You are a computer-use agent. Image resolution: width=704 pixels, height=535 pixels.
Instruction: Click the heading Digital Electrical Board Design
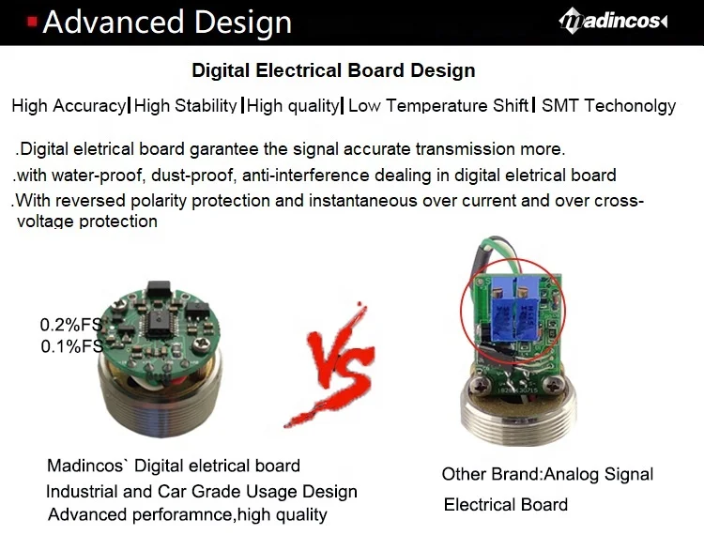coord(333,70)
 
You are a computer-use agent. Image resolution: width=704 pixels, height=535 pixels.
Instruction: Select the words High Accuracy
coord(69,105)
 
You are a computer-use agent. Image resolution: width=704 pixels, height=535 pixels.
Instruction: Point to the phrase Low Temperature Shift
coord(438,105)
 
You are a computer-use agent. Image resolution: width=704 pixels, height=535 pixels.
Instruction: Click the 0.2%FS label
coord(70,325)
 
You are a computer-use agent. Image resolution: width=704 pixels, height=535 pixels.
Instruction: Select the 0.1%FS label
coord(70,345)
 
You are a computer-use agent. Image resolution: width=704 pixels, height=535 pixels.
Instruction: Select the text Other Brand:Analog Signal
coord(547,474)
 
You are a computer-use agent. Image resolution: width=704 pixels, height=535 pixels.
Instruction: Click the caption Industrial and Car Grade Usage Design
coord(202,492)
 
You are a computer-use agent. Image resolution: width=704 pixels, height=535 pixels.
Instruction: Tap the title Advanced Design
coord(167,22)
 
